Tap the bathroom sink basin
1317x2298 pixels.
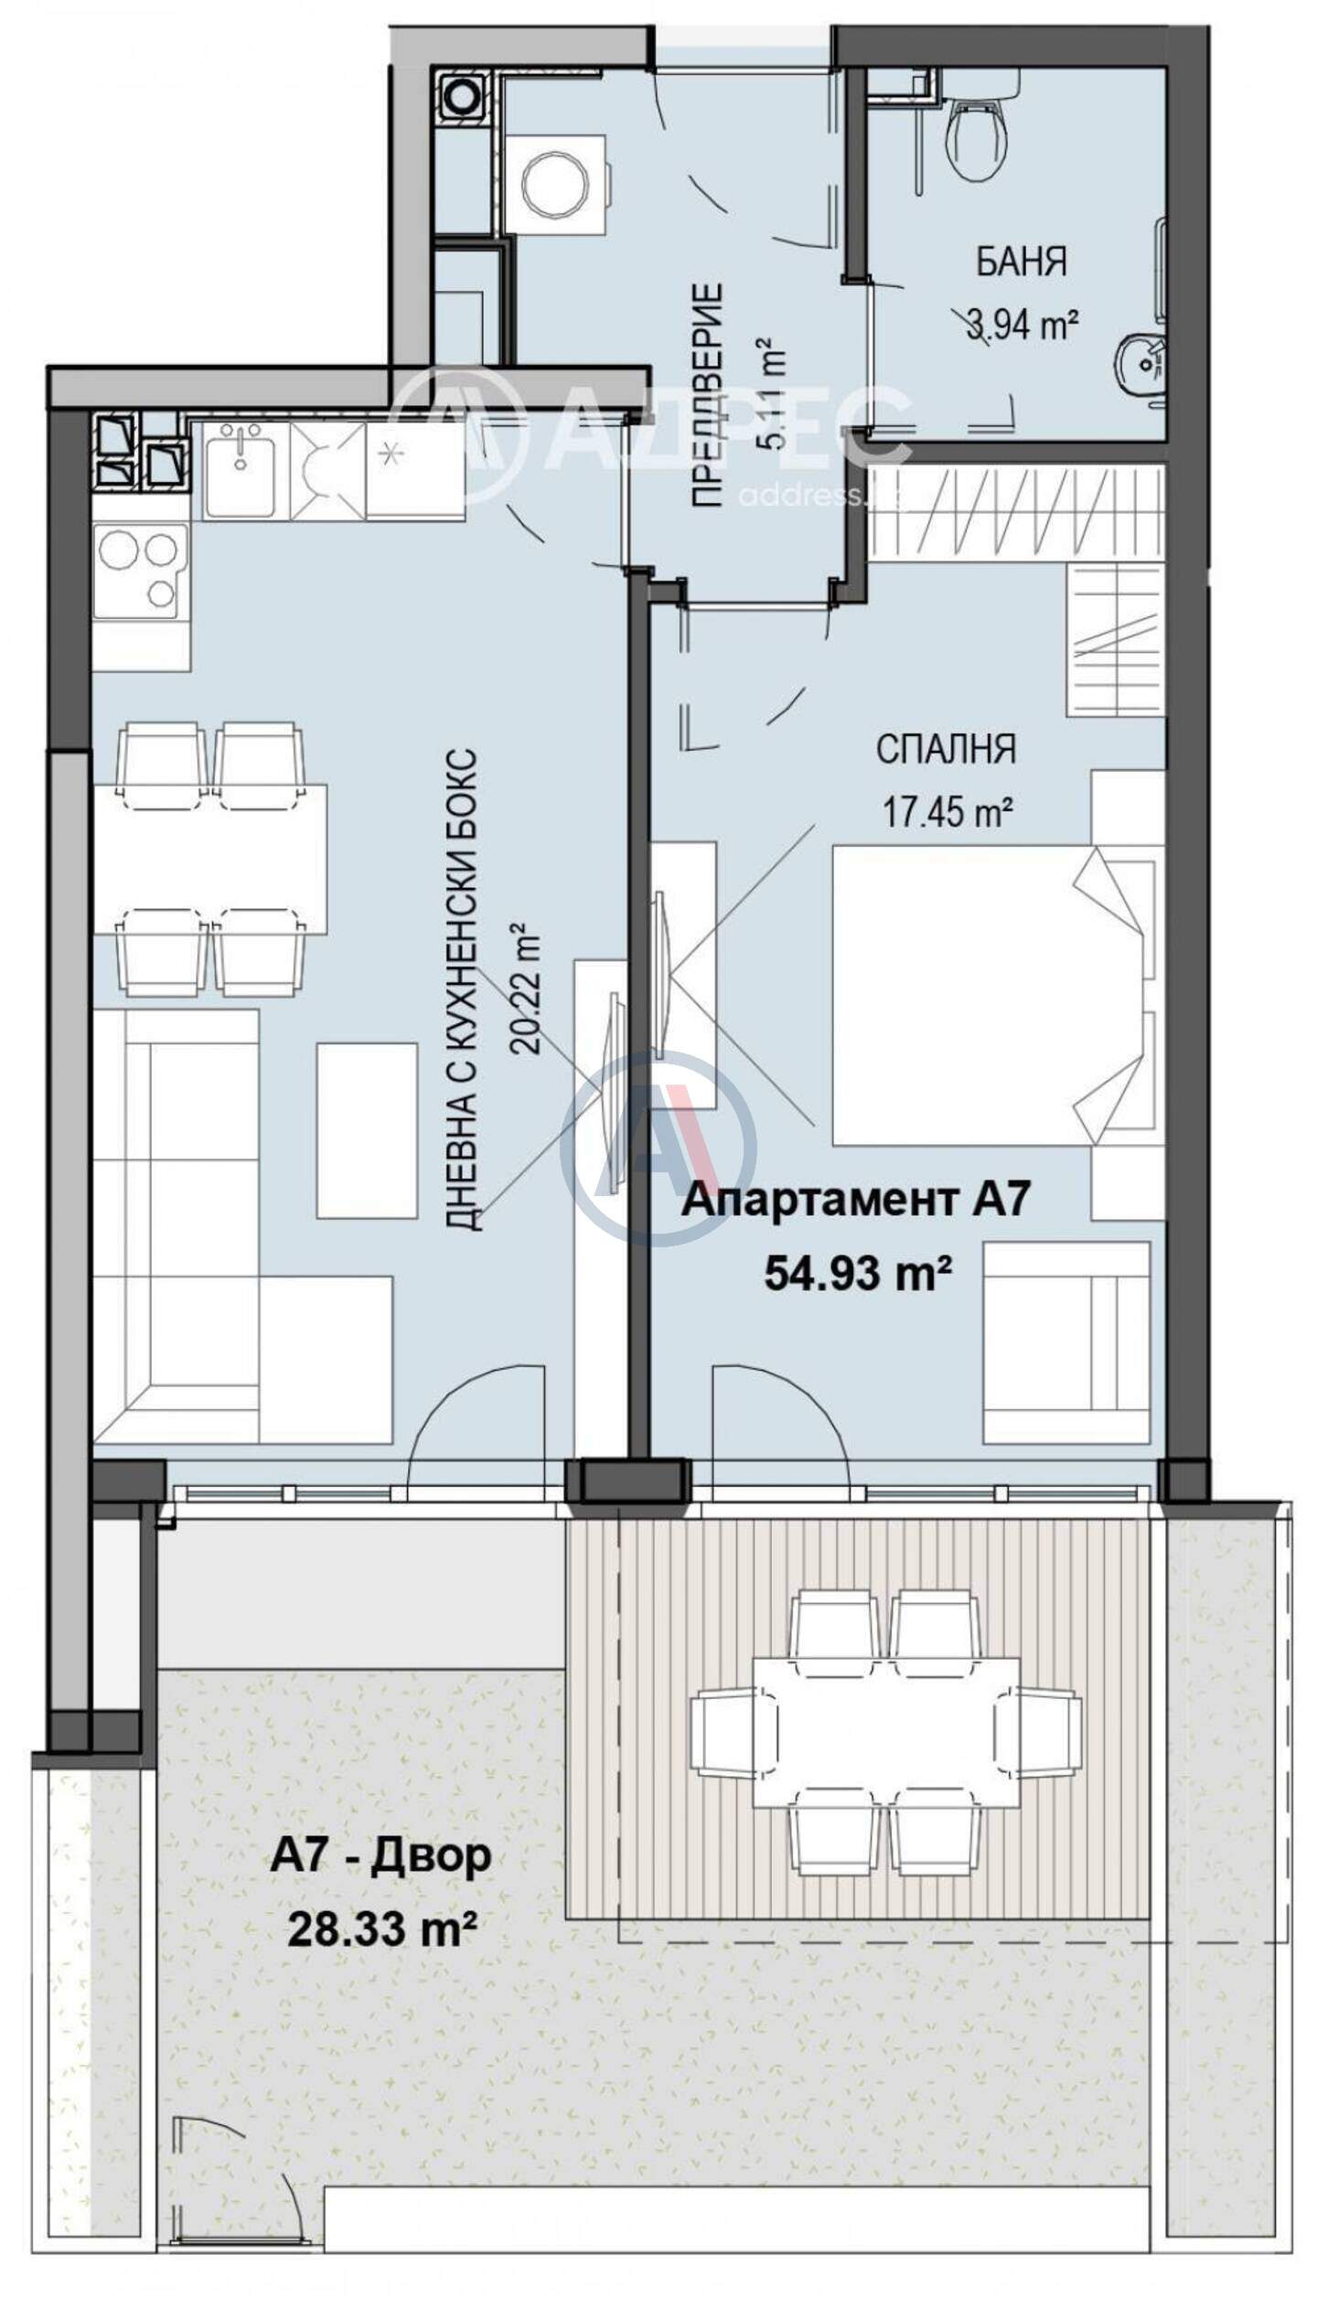[x=1140, y=364]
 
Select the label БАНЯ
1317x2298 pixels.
[x=1021, y=262]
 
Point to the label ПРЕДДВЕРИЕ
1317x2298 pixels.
[x=708, y=395]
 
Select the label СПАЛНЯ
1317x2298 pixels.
[x=946, y=749]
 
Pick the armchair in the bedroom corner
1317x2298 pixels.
[x=1065, y=1343]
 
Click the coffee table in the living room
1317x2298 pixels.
[x=367, y=1130]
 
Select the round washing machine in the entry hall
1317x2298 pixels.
[x=554, y=184]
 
